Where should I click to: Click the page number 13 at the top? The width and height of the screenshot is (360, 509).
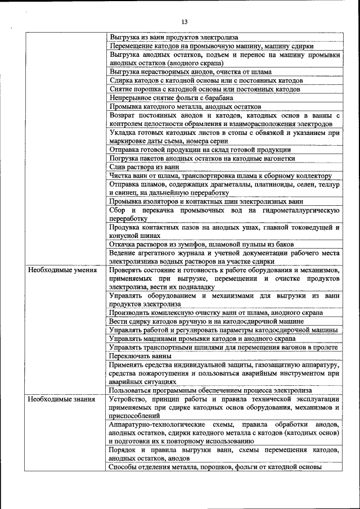tap(184, 22)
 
